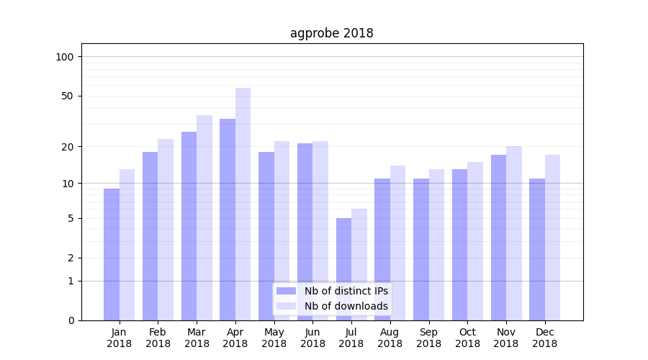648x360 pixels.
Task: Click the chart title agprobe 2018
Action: tap(331, 33)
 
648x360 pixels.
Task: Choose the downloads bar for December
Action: tap(552, 238)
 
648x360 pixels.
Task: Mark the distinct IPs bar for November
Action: tap(498, 238)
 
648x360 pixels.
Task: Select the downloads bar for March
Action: tap(204, 216)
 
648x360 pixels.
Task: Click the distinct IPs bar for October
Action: tap(459, 245)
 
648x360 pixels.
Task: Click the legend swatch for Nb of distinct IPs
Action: tap(286, 291)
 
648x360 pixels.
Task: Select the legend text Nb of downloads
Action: tap(346, 306)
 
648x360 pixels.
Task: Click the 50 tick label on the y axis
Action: tap(68, 96)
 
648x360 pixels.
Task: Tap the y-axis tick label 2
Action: tap(71, 258)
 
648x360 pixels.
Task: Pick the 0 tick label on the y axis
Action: tap(71, 320)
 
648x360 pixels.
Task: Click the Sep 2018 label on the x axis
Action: tap(428, 338)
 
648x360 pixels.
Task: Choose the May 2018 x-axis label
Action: tap(274, 338)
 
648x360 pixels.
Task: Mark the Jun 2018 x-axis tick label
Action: tap(312, 338)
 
